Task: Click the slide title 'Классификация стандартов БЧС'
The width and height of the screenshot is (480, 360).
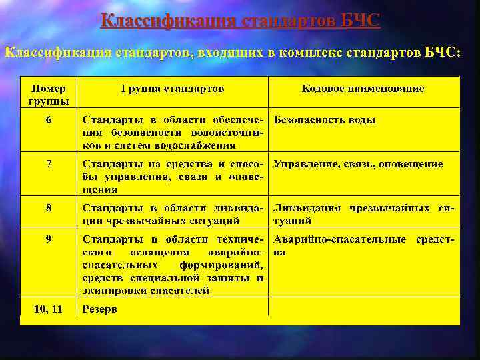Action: (240, 21)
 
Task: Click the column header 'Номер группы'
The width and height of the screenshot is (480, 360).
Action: (49, 95)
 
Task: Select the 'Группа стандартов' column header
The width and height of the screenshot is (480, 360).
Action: (173, 89)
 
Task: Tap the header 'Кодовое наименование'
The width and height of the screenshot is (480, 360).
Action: (363, 89)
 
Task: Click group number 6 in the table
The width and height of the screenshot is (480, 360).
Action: (49, 120)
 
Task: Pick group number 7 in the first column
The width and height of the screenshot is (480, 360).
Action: (49, 164)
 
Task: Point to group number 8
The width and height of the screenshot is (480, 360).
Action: (49, 208)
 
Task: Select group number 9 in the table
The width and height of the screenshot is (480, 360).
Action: (49, 239)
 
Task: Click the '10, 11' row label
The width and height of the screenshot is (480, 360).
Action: (49, 309)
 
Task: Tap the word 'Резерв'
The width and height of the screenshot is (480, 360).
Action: (99, 309)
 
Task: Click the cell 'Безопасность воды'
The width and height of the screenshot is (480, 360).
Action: (325, 120)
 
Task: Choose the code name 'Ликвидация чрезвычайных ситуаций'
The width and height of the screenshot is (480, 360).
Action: (363, 214)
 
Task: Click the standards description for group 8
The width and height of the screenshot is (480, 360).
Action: (173, 214)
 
